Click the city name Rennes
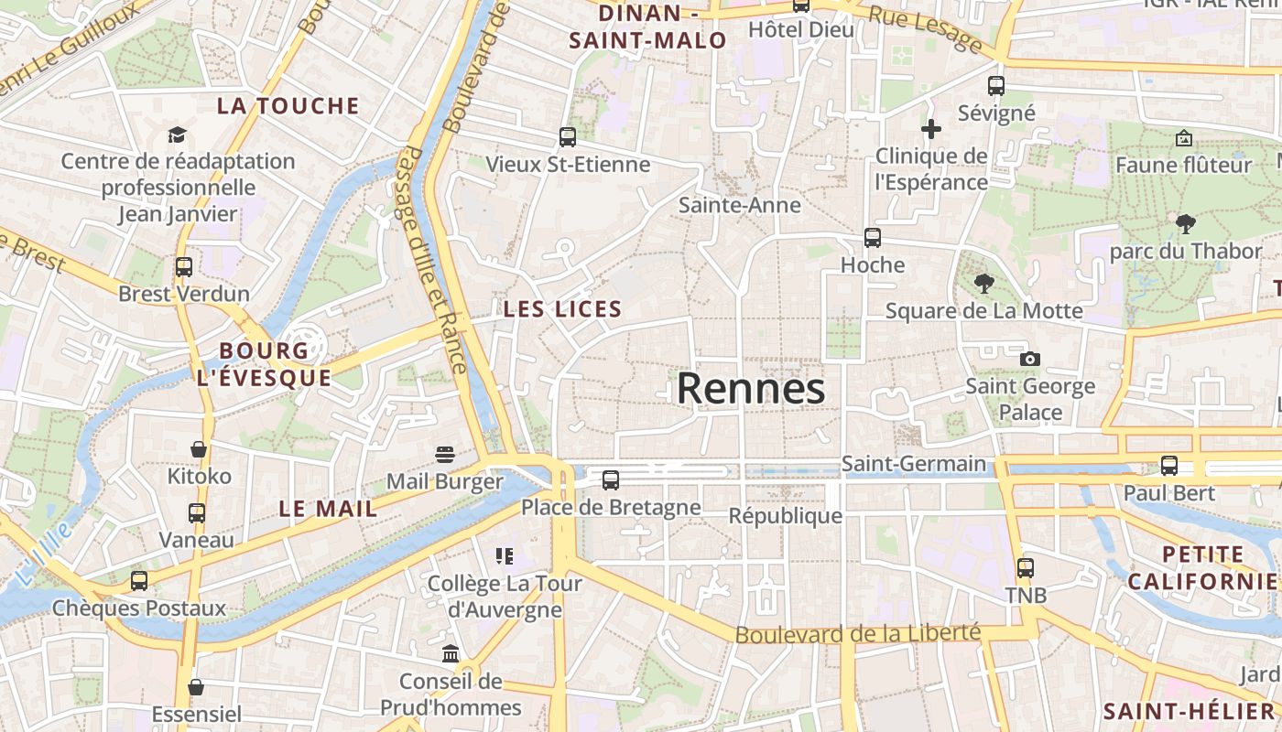[751, 389]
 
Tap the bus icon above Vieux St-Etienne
[568, 137]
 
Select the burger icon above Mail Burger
[445, 455]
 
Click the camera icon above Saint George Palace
[1030, 359]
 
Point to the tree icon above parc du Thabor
[1186, 223]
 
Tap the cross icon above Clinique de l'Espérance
[931, 129]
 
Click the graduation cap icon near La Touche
[177, 135]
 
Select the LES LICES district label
[562, 309]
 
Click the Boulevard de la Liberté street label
[858, 633]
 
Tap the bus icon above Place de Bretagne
[611, 479]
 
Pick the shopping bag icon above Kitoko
[199, 449]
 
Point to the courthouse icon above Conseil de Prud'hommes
[451, 653]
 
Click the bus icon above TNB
[1026, 567]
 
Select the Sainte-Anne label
[740, 205]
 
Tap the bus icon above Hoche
[873, 238]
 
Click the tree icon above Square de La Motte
[984, 284]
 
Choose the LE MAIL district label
[328, 510]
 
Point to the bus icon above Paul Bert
[1169, 465]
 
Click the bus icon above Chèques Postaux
[139, 580]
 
